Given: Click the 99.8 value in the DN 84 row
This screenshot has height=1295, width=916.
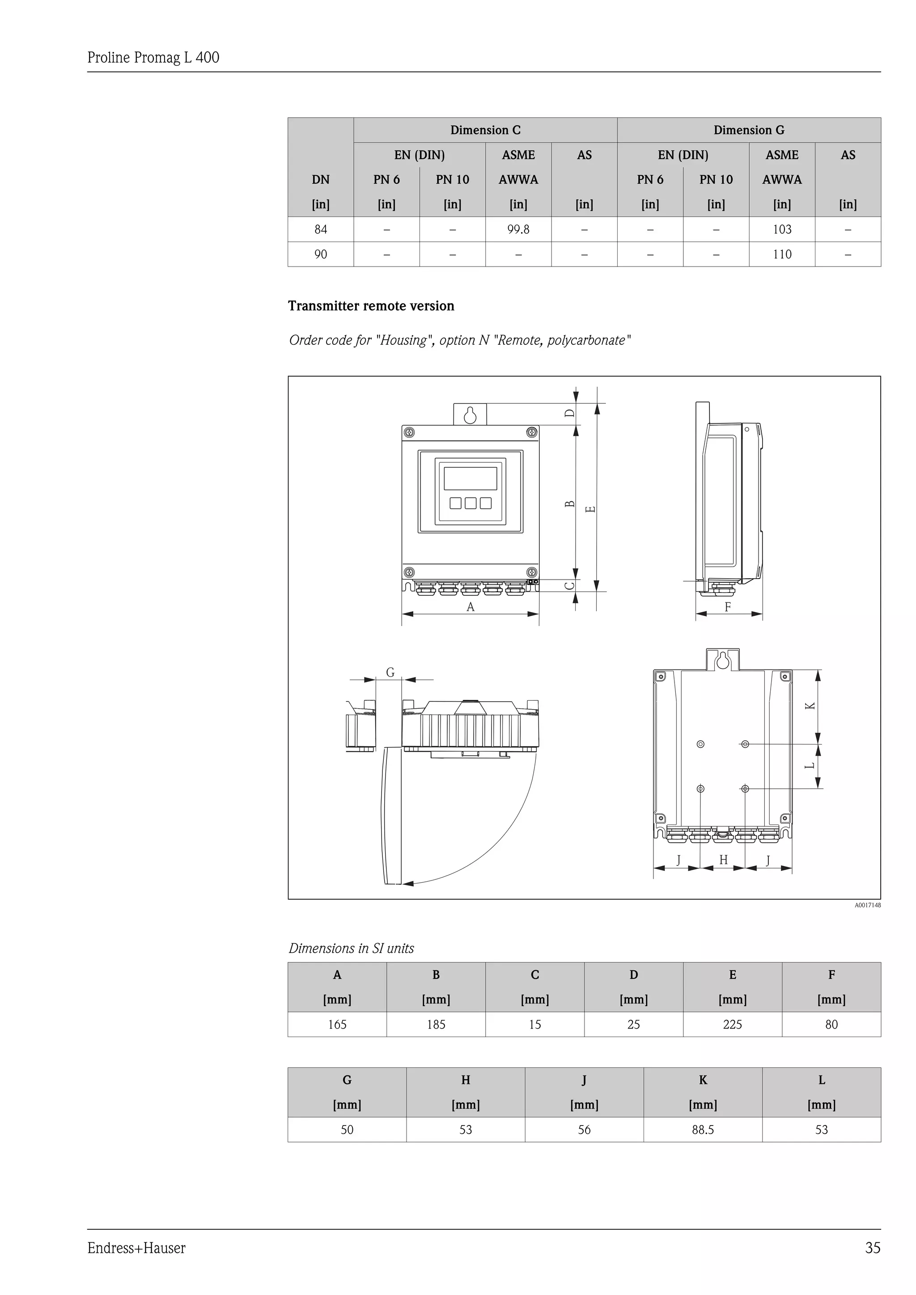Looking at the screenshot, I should coord(518,229).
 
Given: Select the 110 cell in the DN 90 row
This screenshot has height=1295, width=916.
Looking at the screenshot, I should coord(782,254).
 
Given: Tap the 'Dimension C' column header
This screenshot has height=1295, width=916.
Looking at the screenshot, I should coord(485,130).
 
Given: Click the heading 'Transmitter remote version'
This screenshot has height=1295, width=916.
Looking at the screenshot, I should coord(371,306).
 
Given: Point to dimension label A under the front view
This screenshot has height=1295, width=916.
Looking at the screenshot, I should coord(471,607).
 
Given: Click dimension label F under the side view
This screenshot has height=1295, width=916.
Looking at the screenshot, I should coord(728,607).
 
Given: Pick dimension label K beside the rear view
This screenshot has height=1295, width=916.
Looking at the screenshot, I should coord(810,706).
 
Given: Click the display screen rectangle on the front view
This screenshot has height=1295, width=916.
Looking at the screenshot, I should coord(471,478).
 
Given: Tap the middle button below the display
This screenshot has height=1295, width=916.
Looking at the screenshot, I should coord(471,503).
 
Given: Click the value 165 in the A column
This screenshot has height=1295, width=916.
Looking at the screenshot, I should coord(337,1024).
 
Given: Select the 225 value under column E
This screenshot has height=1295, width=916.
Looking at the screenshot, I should coord(732,1024).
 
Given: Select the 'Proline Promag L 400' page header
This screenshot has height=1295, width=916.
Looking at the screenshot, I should coord(153,58).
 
